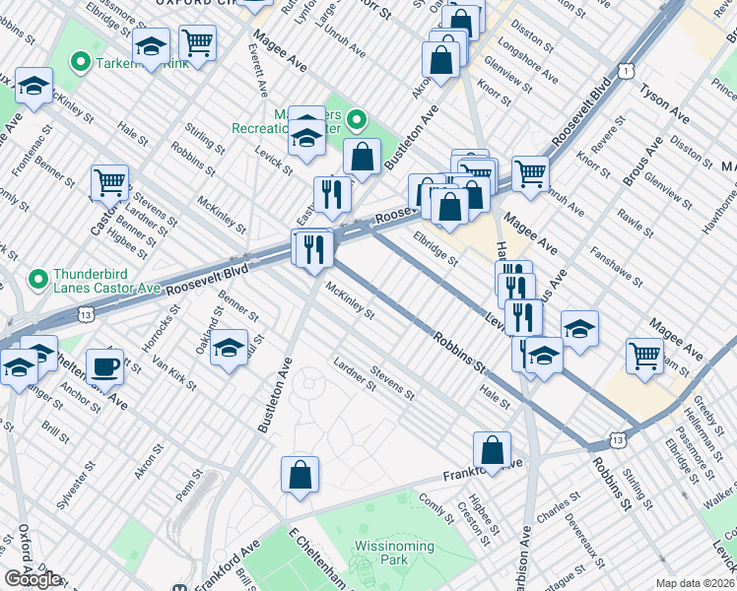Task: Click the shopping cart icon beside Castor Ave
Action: point(109,182)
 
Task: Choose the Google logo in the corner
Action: point(33,579)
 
